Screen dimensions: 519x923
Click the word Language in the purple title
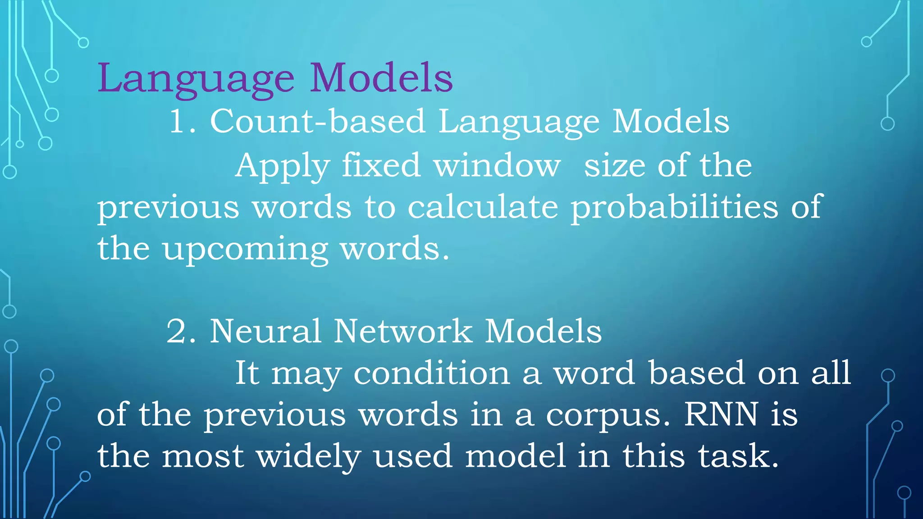pos(196,79)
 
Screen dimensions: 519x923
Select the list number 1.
pos(178,121)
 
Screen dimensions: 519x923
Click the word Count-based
pos(318,121)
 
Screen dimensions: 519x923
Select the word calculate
pos(483,207)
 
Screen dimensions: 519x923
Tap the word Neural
pos(265,331)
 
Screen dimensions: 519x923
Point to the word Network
pos(403,331)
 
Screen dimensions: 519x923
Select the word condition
pos(431,373)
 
